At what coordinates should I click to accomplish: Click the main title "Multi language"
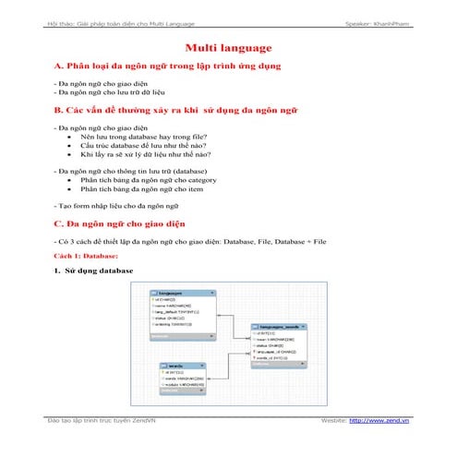click(x=227, y=46)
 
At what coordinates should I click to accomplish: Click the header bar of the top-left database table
click(x=176, y=292)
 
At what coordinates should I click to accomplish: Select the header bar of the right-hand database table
click(x=280, y=327)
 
